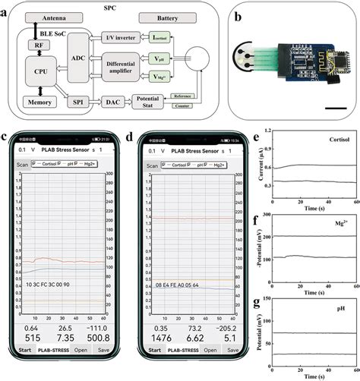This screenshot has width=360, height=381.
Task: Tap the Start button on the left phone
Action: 29,372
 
